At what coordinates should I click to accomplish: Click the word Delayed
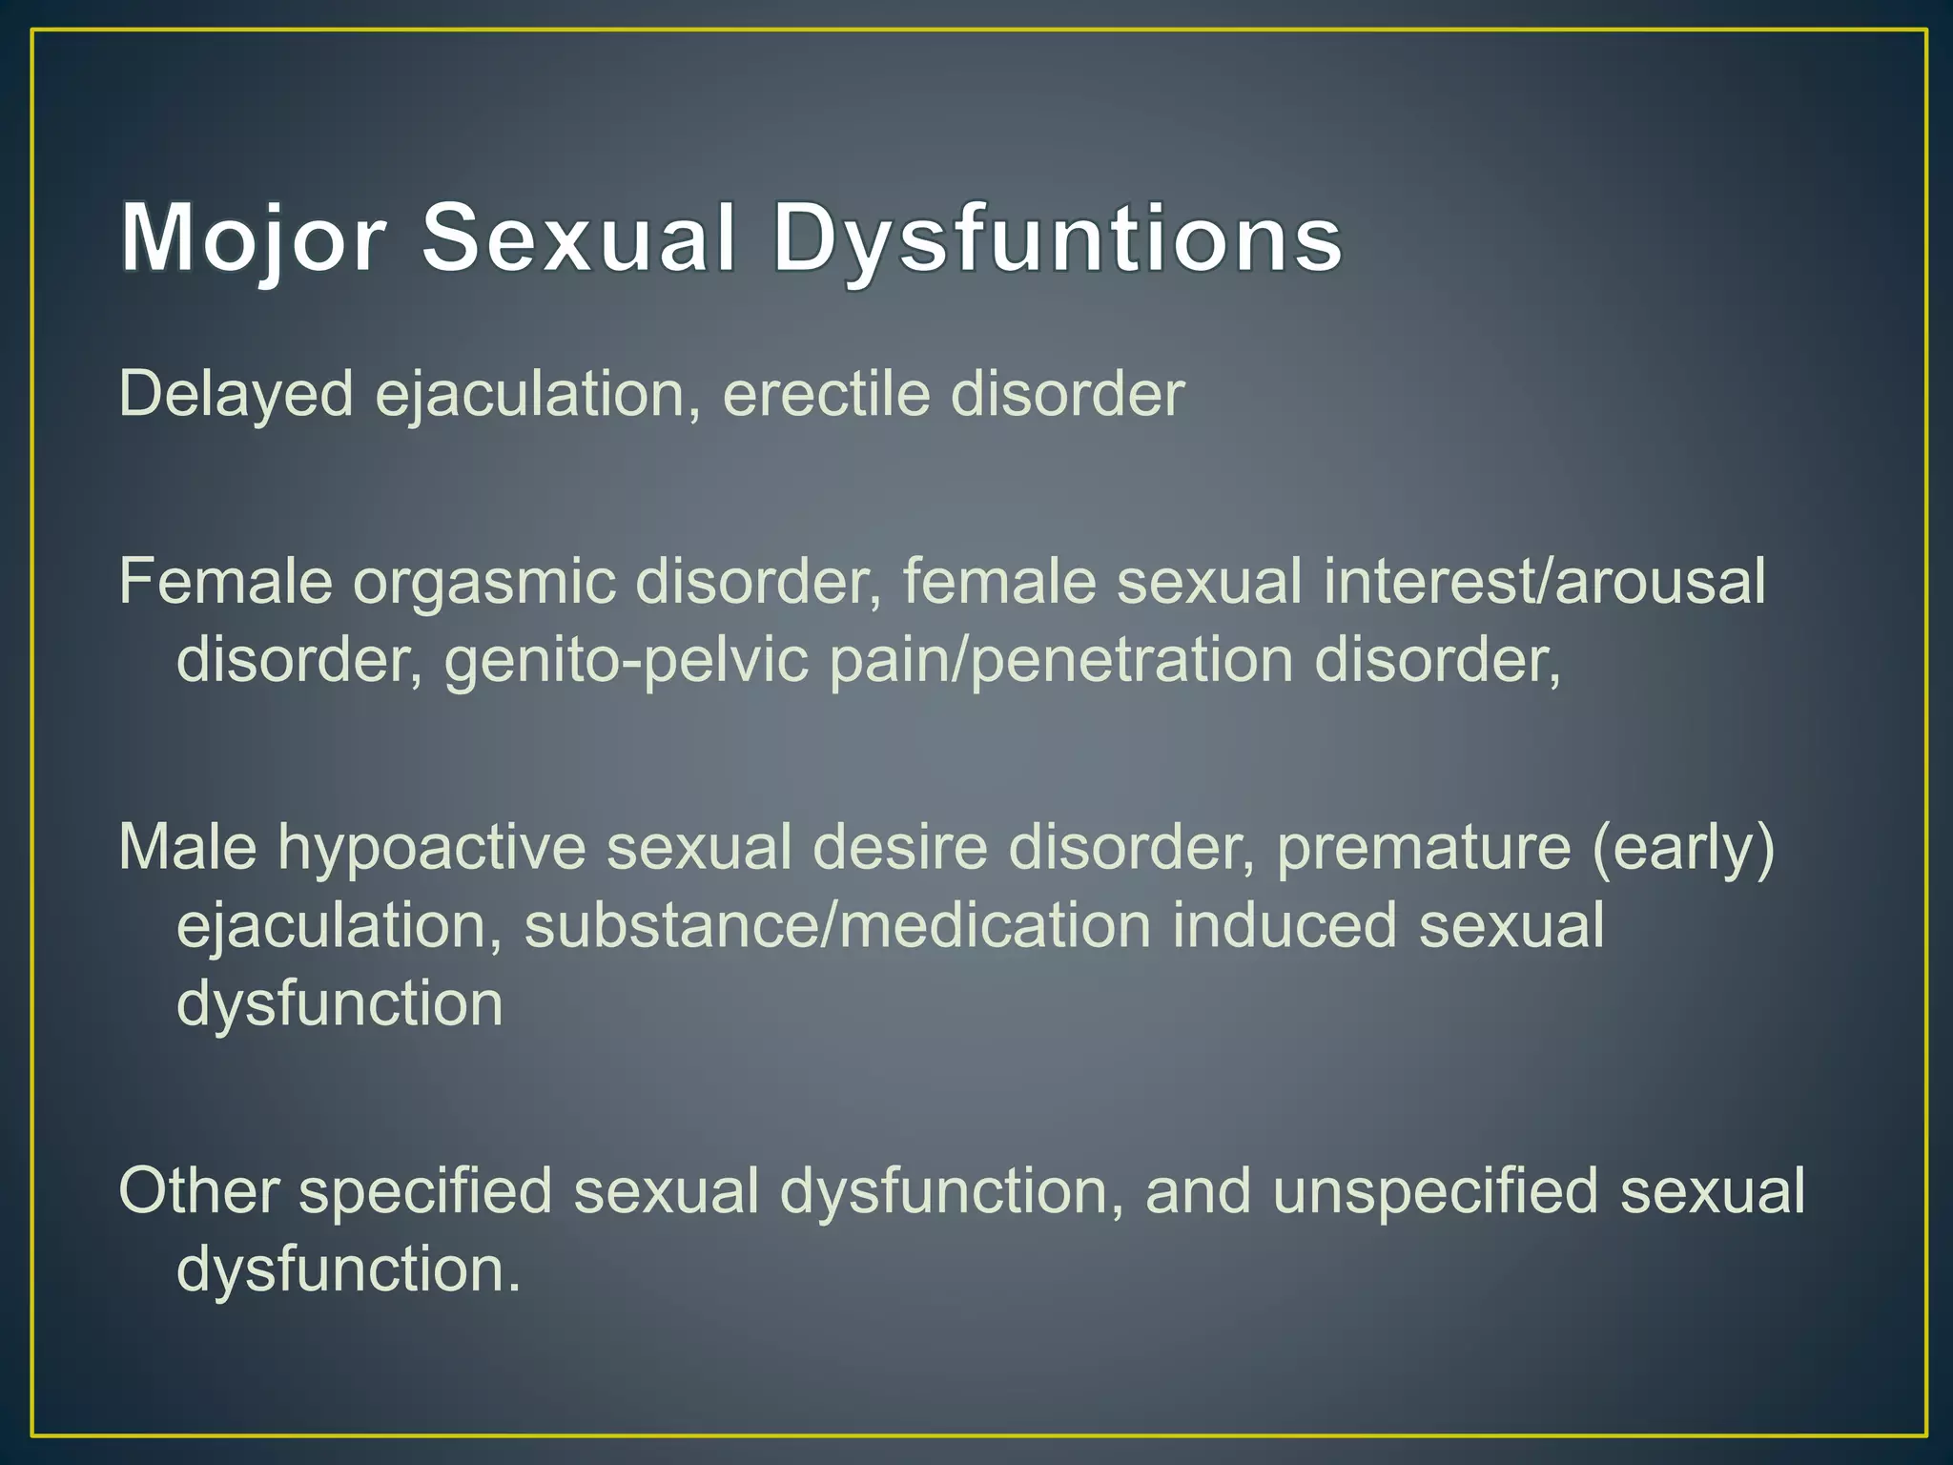(x=236, y=394)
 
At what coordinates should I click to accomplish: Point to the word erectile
(x=826, y=394)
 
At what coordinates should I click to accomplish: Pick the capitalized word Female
(x=225, y=581)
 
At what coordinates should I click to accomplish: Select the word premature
(x=1423, y=847)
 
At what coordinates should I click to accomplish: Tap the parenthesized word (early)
(x=1683, y=847)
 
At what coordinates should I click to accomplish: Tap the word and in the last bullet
(x=1198, y=1191)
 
